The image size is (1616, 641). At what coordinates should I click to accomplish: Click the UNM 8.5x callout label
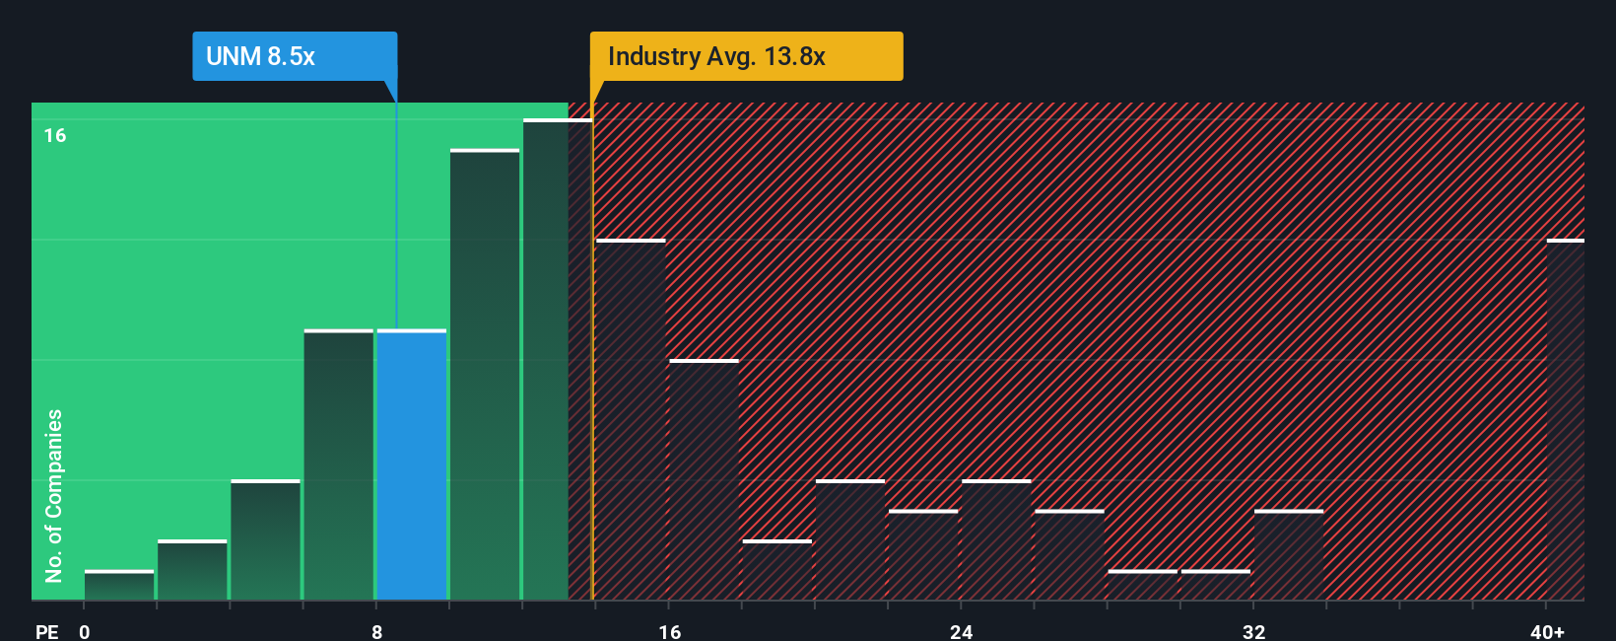(294, 56)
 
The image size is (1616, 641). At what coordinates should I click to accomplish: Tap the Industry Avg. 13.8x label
(745, 56)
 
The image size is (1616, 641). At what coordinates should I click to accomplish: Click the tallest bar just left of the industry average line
(557, 360)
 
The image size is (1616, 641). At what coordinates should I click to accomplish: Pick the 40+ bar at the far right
(1565, 420)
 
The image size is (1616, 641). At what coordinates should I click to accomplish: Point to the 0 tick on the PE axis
(85, 631)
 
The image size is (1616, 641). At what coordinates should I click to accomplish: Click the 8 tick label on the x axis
(376, 631)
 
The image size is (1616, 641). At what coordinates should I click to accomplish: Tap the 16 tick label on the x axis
(669, 631)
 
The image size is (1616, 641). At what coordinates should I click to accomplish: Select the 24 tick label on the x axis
(961, 631)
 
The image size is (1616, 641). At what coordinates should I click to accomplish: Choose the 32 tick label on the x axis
(1253, 631)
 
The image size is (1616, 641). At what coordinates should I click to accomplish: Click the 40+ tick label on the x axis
(1547, 631)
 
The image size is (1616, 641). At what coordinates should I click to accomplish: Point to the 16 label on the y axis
(55, 135)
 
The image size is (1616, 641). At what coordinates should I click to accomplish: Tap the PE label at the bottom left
(46, 631)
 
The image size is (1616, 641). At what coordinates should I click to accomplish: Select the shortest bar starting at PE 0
(119, 586)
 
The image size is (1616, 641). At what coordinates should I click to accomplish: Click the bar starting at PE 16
(704, 480)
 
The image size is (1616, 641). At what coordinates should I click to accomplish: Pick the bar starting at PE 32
(1289, 555)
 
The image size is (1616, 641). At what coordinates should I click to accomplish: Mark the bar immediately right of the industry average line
(631, 420)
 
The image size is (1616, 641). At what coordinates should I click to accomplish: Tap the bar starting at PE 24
(996, 540)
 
